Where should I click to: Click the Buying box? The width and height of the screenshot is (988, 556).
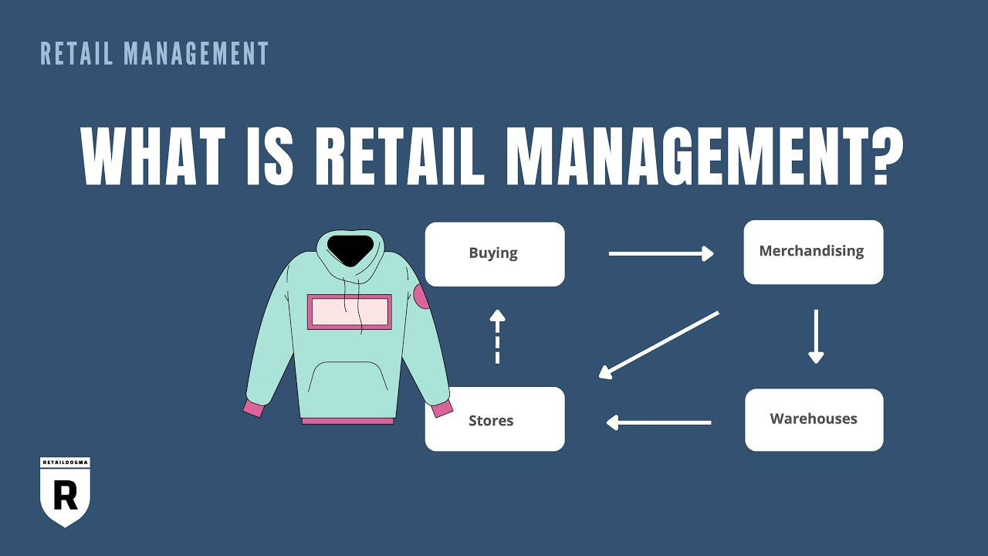pos(495,254)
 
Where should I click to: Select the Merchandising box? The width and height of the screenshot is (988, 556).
pos(813,252)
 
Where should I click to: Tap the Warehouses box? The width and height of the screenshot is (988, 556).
pos(814,419)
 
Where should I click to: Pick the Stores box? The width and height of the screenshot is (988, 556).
pos(495,419)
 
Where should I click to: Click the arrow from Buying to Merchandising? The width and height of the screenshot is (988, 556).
pos(661,253)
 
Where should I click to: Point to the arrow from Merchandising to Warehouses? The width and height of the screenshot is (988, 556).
pos(816,336)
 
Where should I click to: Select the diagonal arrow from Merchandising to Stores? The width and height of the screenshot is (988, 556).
pos(658,344)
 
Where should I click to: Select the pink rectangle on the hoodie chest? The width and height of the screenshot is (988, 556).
pos(349,311)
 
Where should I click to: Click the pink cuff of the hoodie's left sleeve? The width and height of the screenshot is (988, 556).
pos(253,408)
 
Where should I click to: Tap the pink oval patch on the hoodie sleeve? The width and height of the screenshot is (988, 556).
pos(422,296)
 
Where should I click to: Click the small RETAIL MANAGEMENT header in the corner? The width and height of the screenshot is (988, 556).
pos(154,54)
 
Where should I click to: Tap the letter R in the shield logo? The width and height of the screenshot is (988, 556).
pos(66,495)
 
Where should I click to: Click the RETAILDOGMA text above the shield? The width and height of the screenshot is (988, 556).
pos(66,463)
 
